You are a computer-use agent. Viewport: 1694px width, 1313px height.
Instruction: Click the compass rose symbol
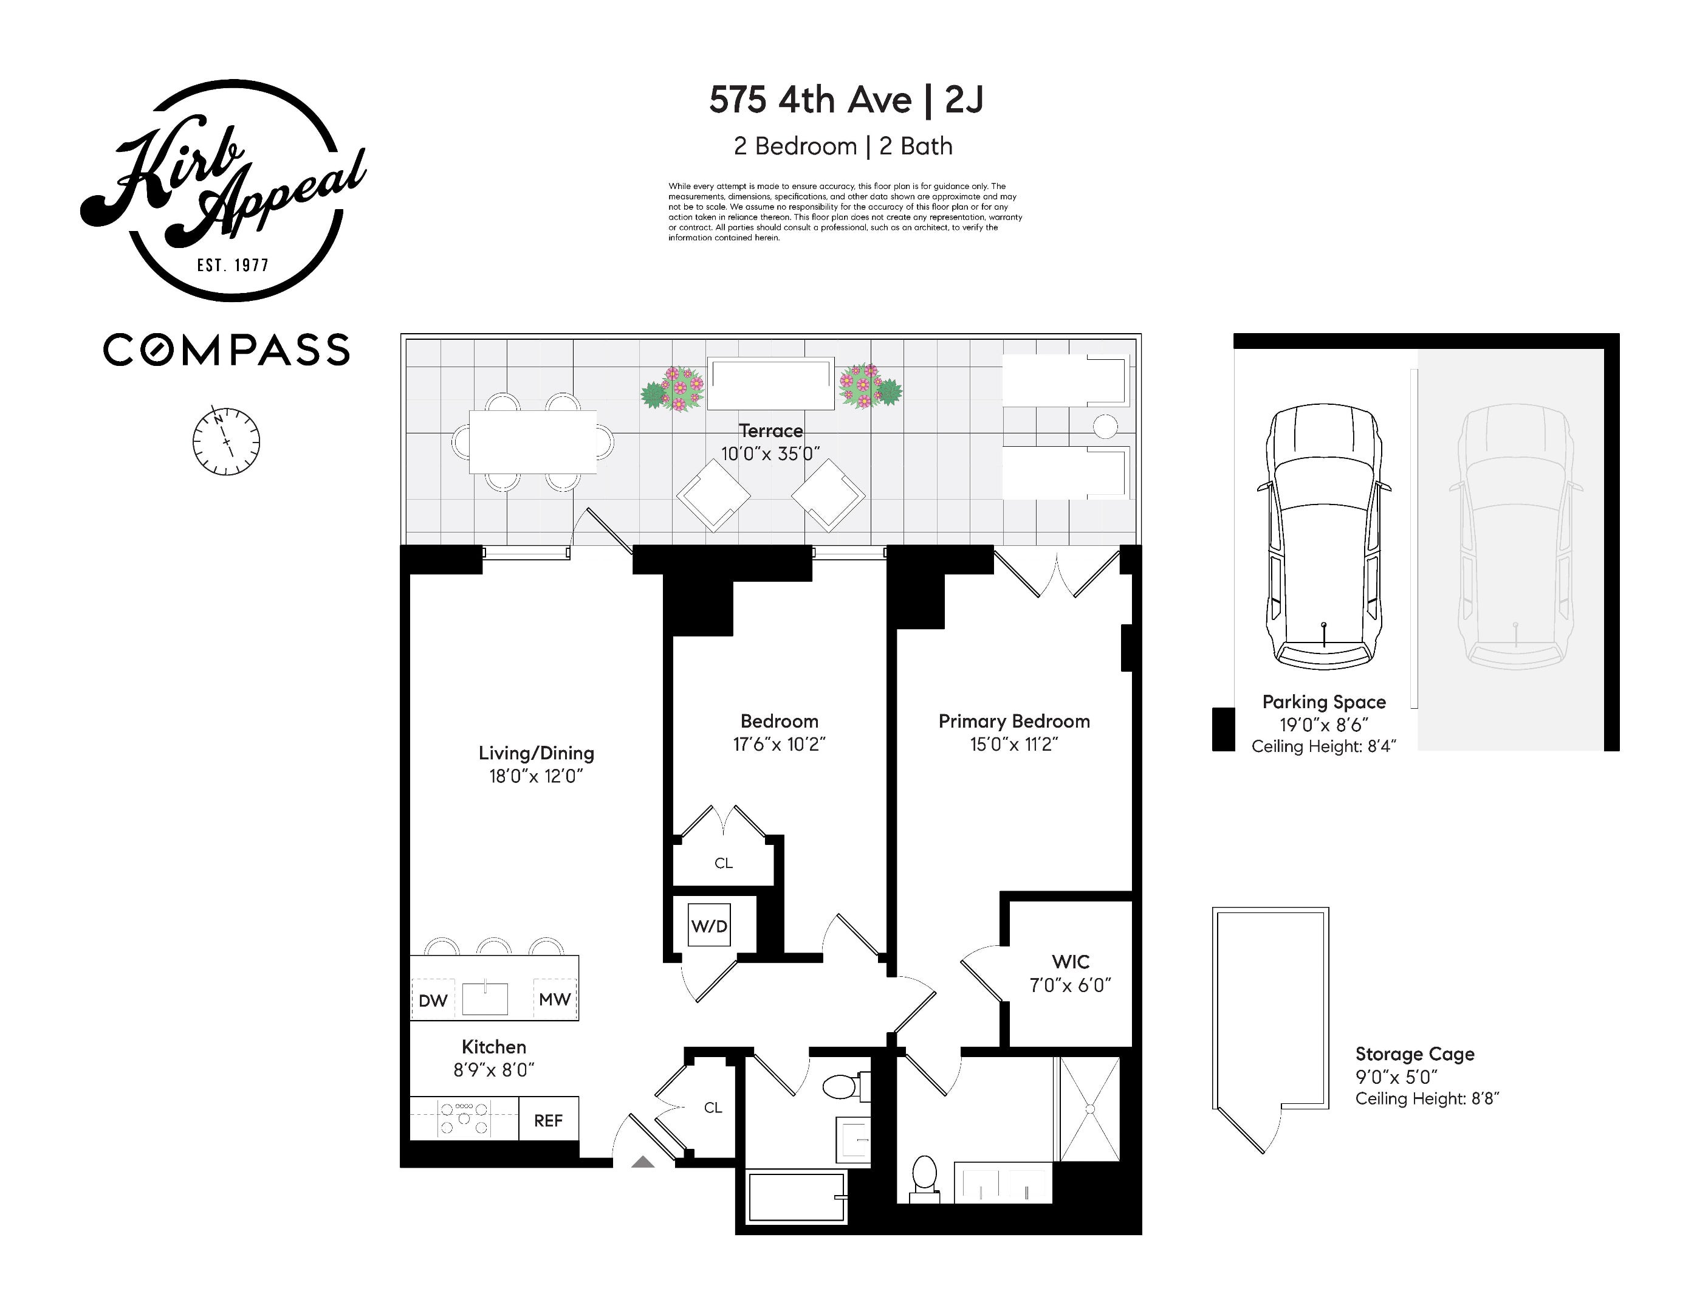click(x=225, y=441)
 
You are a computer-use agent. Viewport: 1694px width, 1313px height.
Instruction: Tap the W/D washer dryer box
click(x=709, y=926)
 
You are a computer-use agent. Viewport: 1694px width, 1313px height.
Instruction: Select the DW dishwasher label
click(x=433, y=1001)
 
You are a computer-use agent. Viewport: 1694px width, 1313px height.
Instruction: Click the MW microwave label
click(x=555, y=999)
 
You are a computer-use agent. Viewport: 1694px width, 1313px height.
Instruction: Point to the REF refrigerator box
click(x=549, y=1120)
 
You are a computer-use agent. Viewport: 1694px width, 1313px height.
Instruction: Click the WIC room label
click(x=1071, y=962)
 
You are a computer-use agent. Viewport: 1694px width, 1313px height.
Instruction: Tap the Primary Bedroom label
click(x=1013, y=721)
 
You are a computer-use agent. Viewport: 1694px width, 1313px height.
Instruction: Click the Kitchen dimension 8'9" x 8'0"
click(x=494, y=1070)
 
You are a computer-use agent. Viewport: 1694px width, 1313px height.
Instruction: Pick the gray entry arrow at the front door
click(x=643, y=1162)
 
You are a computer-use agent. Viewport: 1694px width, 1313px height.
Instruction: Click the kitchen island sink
click(x=485, y=999)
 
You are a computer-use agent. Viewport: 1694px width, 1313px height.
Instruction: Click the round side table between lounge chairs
click(x=1105, y=426)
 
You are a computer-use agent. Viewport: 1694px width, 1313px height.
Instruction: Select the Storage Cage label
click(x=1414, y=1054)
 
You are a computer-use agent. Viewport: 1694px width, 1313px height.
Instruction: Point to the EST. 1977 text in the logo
click(x=233, y=266)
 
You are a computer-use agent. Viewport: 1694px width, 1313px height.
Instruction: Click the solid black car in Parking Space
click(x=1324, y=536)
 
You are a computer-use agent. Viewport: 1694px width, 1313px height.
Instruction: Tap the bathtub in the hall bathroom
click(x=797, y=1198)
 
